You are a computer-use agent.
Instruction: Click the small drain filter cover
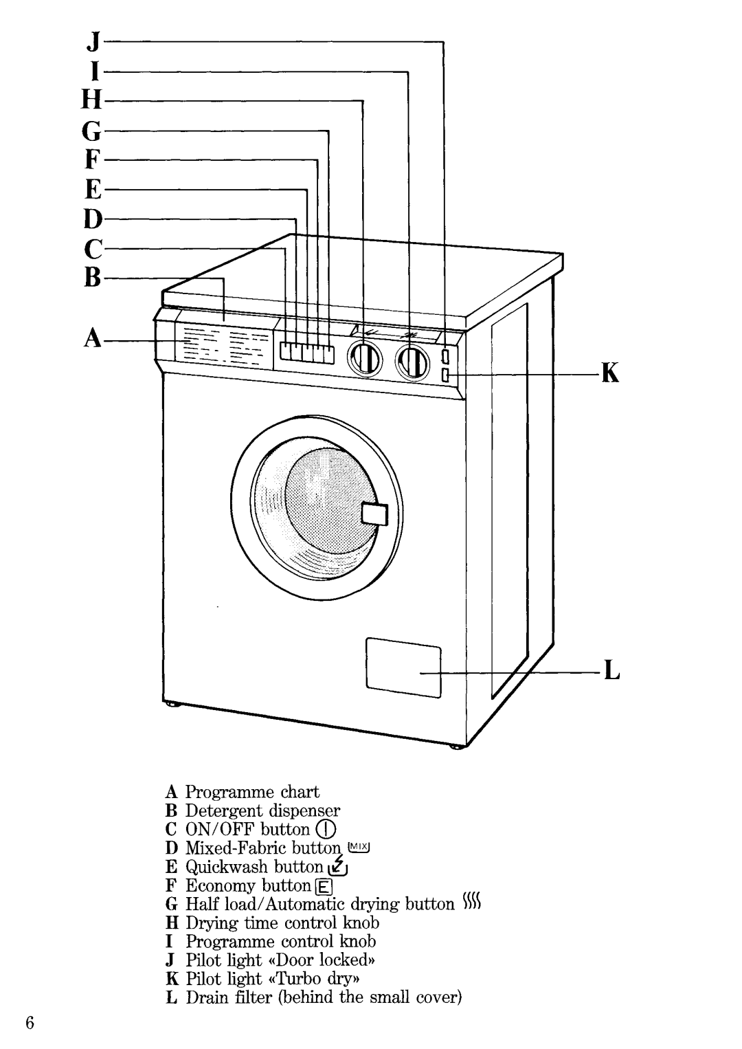(x=403, y=667)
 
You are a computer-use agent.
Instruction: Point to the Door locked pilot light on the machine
(x=445, y=357)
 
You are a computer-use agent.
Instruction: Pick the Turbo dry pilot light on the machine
(x=445, y=375)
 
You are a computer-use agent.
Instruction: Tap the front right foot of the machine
(x=454, y=747)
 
